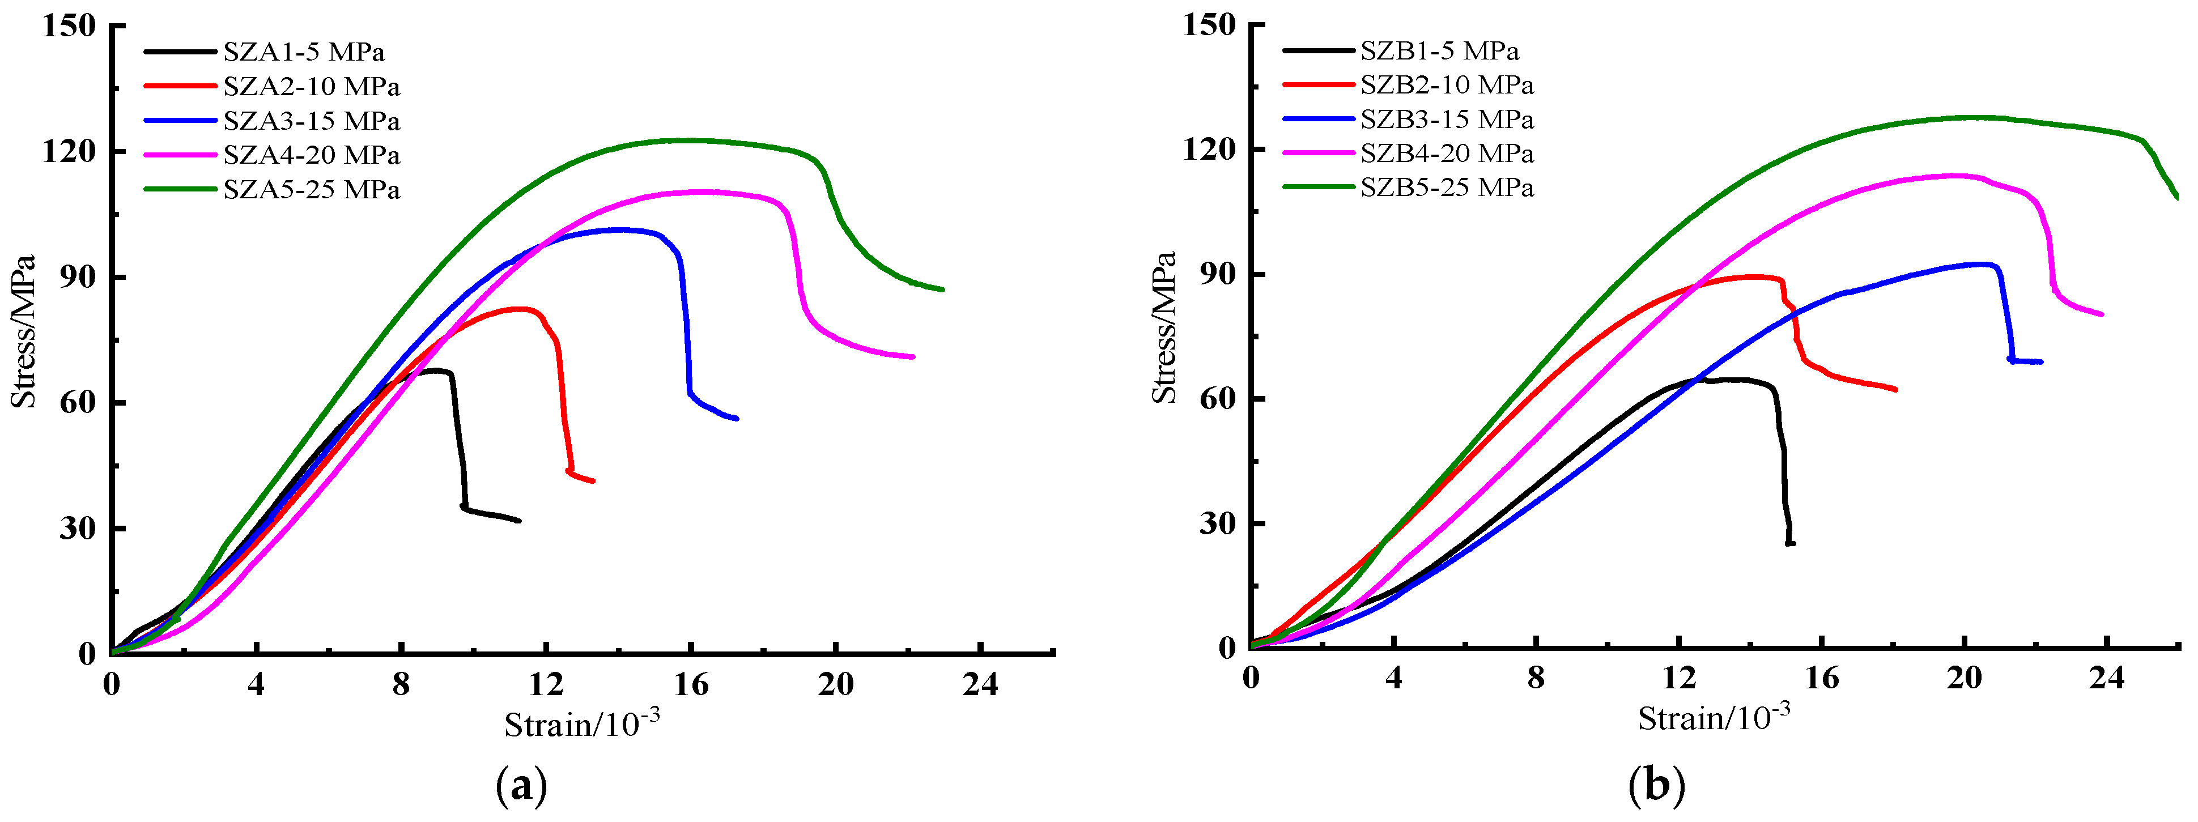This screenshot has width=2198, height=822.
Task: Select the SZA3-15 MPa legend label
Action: point(312,121)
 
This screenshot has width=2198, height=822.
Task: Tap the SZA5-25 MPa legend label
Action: point(312,189)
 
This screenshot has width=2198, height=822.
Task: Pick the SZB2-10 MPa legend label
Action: point(1447,86)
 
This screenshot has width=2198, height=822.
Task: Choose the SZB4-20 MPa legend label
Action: point(1447,154)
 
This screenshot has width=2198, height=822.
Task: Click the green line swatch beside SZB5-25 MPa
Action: point(1318,186)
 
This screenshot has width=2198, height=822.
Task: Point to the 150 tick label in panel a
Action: point(70,25)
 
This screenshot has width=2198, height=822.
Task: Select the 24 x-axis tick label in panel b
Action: point(2107,678)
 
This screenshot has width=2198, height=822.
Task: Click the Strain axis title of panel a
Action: point(582,724)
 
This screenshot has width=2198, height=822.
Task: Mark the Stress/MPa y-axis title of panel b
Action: point(1164,327)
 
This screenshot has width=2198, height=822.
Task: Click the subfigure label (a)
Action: point(521,785)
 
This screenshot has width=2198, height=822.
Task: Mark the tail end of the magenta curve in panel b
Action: point(2102,314)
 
